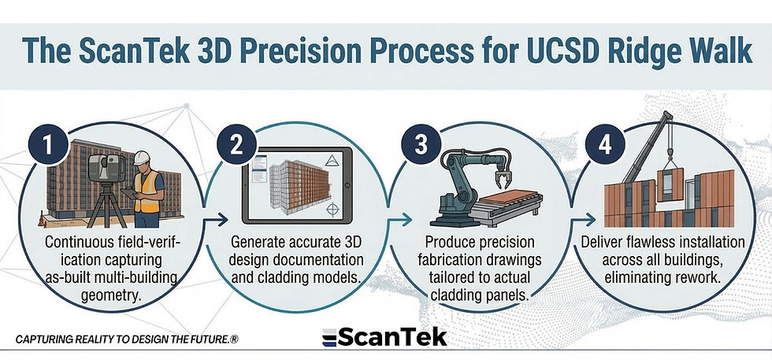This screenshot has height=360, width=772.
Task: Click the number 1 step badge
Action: pyautogui.click(x=48, y=147)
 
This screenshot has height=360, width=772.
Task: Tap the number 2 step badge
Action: pyautogui.click(x=236, y=145)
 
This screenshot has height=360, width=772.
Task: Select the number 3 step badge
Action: pyautogui.click(x=420, y=145)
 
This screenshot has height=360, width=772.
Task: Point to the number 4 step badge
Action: pyautogui.click(x=605, y=145)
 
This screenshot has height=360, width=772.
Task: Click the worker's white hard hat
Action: pyautogui.click(x=142, y=157)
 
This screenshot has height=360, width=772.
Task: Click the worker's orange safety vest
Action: pyautogui.click(x=147, y=191)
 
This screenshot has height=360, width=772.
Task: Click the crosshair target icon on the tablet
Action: pyautogui.click(x=333, y=209)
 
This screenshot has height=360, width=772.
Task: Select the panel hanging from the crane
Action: pyautogui.click(x=670, y=184)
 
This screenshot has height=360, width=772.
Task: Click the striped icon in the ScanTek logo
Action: pyautogui.click(x=329, y=337)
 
